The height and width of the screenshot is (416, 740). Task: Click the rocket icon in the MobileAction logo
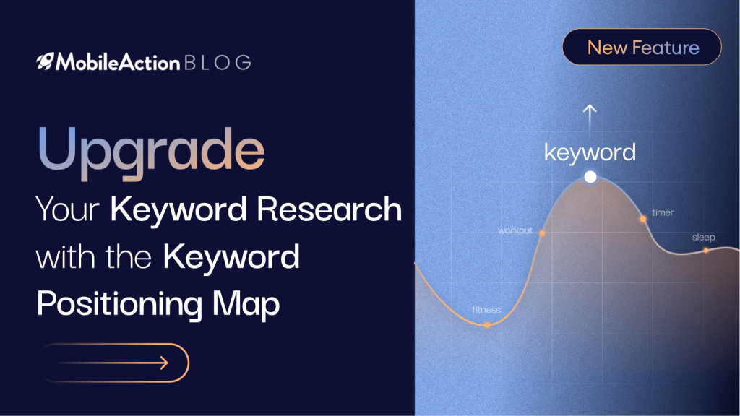pyautogui.click(x=46, y=61)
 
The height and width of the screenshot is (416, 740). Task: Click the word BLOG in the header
pyautogui.click(x=218, y=63)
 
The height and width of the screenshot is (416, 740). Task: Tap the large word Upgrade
pyautogui.click(x=151, y=152)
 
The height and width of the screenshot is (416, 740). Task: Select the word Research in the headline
pyautogui.click(x=329, y=209)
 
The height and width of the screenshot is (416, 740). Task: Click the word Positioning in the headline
pyautogui.click(x=119, y=303)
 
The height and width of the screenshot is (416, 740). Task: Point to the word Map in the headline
pyautogui.click(x=246, y=303)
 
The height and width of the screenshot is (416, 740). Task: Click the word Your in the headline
pyautogui.click(x=68, y=209)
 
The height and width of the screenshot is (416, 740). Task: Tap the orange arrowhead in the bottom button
pyautogui.click(x=164, y=363)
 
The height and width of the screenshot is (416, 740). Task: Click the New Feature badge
pyautogui.click(x=642, y=47)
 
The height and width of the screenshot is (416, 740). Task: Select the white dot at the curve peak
pyautogui.click(x=590, y=177)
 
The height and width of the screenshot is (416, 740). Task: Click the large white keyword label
pyautogui.click(x=590, y=152)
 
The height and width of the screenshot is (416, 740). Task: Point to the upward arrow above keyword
pyautogui.click(x=590, y=121)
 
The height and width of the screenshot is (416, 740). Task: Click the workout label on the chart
pyautogui.click(x=515, y=230)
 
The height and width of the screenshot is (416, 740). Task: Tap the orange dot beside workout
pyautogui.click(x=542, y=233)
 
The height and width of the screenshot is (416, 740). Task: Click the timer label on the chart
pyautogui.click(x=663, y=213)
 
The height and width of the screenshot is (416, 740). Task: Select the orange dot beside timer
pyautogui.click(x=642, y=219)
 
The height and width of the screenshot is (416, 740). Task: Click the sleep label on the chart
pyautogui.click(x=703, y=237)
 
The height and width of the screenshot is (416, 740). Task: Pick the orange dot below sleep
pyautogui.click(x=706, y=251)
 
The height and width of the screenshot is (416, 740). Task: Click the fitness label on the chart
pyautogui.click(x=486, y=310)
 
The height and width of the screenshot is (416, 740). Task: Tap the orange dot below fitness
pyautogui.click(x=487, y=324)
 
